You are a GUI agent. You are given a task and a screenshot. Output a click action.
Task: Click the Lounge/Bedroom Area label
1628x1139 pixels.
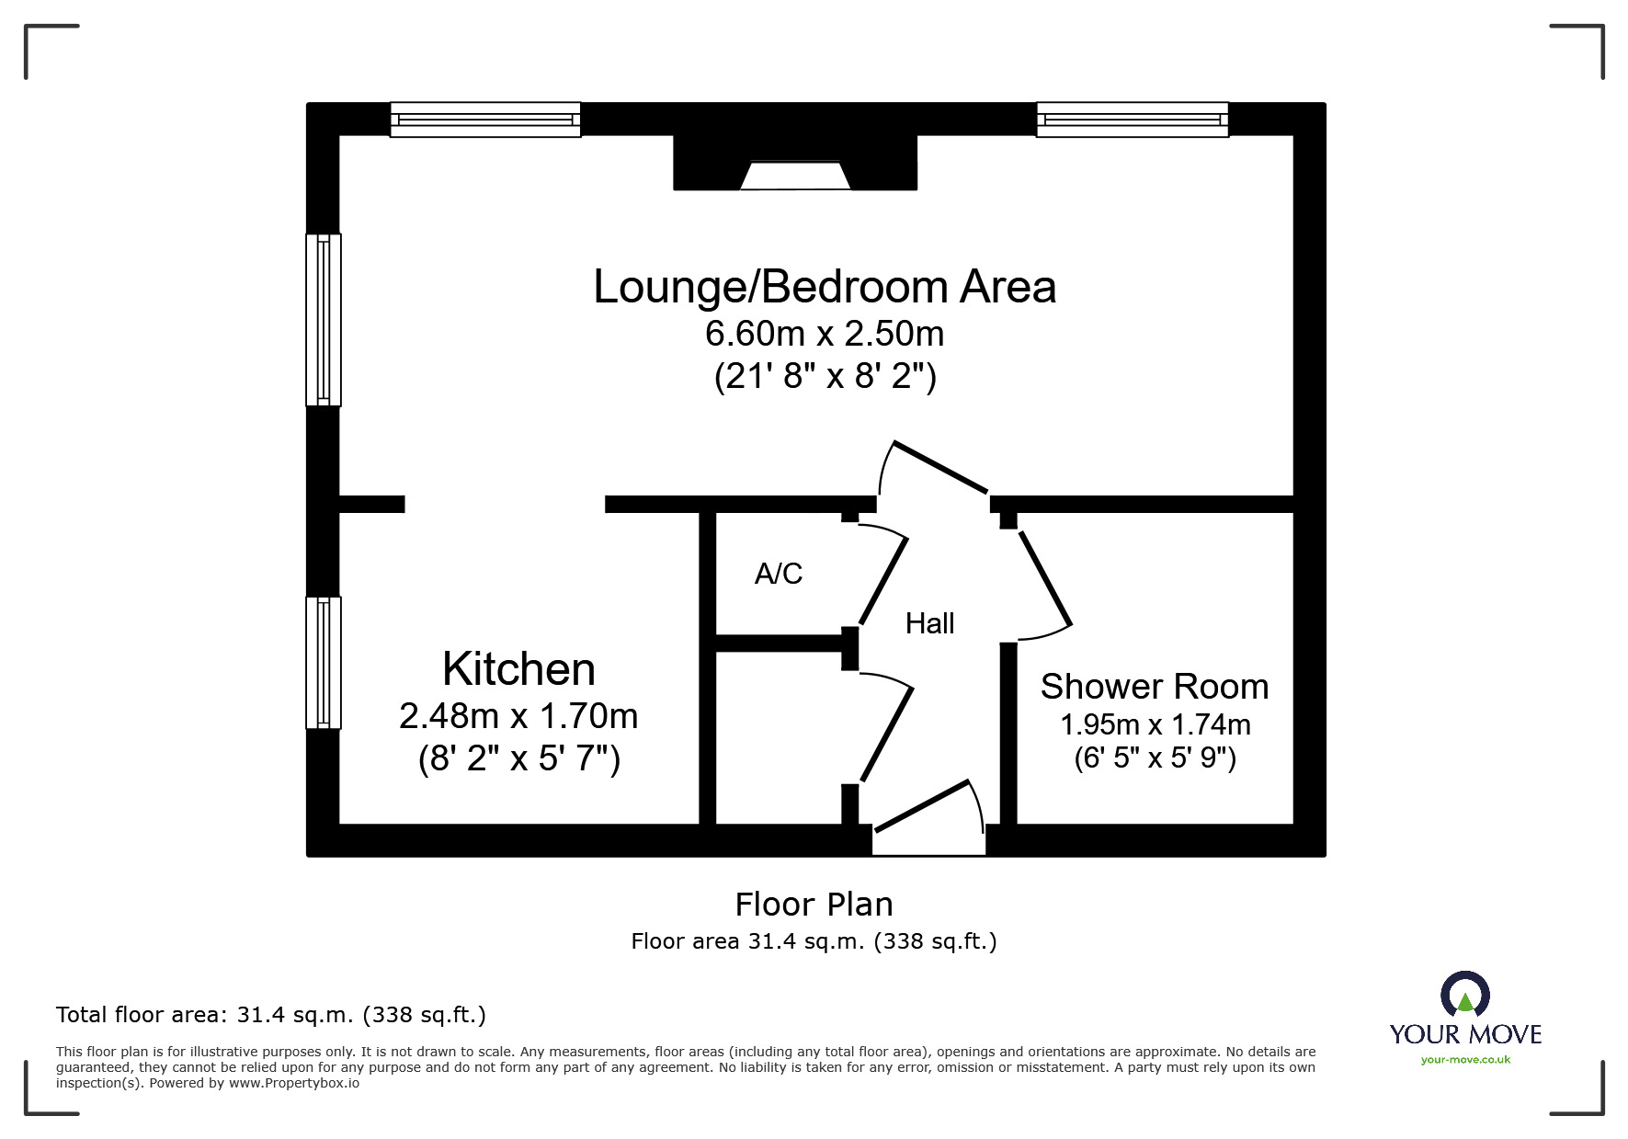[x=825, y=287]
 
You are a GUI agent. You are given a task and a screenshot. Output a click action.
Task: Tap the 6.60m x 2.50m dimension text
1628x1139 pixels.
[x=825, y=333]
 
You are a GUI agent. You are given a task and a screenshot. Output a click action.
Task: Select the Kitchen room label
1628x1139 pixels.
[x=518, y=668]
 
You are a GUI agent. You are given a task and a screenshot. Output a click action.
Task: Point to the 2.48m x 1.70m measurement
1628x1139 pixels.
[x=518, y=715]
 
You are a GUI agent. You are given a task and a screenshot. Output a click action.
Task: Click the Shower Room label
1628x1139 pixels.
[x=1155, y=687]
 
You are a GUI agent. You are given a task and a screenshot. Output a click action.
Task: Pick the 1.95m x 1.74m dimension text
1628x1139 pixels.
[x=1155, y=724]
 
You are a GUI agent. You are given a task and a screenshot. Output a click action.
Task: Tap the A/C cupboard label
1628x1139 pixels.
[x=779, y=574]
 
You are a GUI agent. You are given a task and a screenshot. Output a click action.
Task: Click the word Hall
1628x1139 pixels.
[x=929, y=623]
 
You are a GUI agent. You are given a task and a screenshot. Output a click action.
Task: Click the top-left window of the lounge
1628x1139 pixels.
[x=485, y=120]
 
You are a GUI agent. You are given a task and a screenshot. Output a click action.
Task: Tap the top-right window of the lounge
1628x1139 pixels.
[x=1133, y=120]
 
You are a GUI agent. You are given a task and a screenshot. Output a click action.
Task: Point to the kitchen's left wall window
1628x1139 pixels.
[x=324, y=662]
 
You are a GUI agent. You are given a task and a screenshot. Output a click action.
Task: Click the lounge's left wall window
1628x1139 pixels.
[x=324, y=319]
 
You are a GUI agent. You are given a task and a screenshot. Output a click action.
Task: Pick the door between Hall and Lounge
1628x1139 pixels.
[x=938, y=469]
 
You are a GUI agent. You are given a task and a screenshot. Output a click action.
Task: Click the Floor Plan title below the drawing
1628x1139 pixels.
[x=814, y=905]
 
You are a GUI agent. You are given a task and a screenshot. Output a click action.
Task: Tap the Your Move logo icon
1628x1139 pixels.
[x=1464, y=995]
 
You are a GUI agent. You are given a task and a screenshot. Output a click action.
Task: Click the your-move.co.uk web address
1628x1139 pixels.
[x=1465, y=1060]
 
